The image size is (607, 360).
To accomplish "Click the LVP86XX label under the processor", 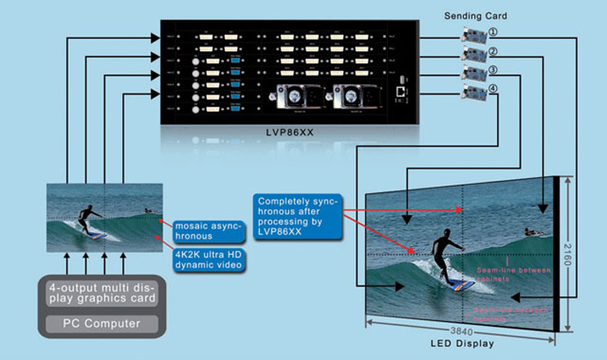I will click(289, 133).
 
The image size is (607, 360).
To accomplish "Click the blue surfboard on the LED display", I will click(461, 286).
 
